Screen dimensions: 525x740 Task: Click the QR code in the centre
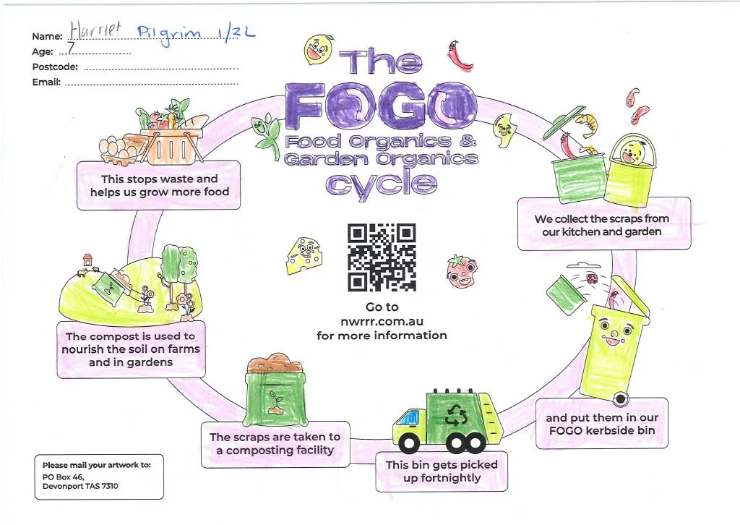click(x=382, y=257)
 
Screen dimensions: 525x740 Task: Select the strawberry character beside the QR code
click(x=460, y=270)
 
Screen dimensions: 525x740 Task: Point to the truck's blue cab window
click(x=408, y=418)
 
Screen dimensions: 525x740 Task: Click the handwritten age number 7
click(x=72, y=50)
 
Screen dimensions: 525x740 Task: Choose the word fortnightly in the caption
click(x=441, y=478)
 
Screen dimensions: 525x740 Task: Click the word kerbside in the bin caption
click(x=606, y=432)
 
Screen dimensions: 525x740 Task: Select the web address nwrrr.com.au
click(x=382, y=321)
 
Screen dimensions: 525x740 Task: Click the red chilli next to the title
click(x=457, y=56)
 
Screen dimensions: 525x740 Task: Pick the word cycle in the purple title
click(x=381, y=183)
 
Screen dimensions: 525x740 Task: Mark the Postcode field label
click(x=55, y=67)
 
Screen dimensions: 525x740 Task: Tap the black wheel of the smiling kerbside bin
click(x=619, y=398)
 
